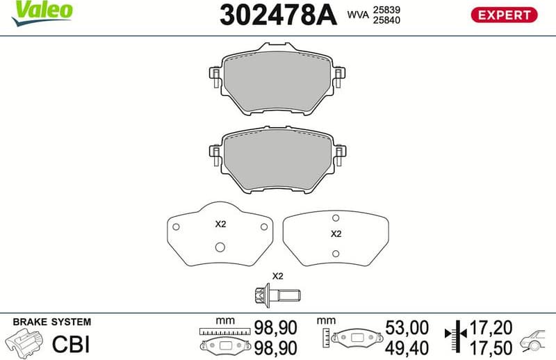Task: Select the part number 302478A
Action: pyautogui.click(x=277, y=15)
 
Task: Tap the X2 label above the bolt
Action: pyautogui.click(x=277, y=276)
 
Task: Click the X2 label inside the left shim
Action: pyautogui.click(x=220, y=224)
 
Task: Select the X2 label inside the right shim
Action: pyautogui.click(x=336, y=234)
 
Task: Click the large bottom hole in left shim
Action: pyautogui.click(x=220, y=246)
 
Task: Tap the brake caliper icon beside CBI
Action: pyautogui.click(x=24, y=343)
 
